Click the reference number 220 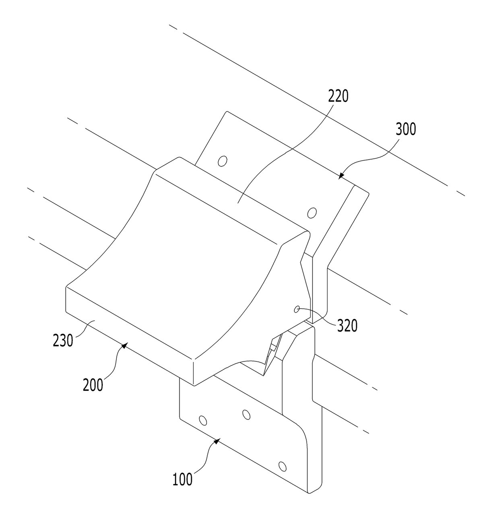pyautogui.click(x=339, y=96)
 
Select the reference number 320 pyautogui.click(x=347, y=326)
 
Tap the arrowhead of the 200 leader pyautogui.click(x=125, y=345)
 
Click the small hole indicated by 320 pyautogui.click(x=297, y=309)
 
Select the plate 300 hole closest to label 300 pyautogui.click(x=312, y=213)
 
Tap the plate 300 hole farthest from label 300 pyautogui.click(x=223, y=161)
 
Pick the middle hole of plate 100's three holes pyautogui.click(x=246, y=415)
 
